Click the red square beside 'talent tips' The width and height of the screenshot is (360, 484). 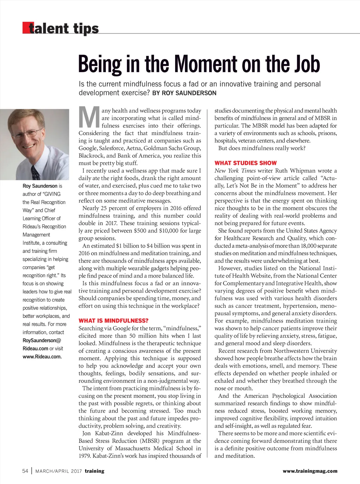pyautogui.click(x=26, y=28)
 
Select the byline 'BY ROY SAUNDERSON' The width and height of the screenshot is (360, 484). pyautogui.click(x=184, y=93)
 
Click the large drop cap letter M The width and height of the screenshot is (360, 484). pyautogui.click(x=89, y=118)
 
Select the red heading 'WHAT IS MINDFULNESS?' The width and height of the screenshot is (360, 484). pyautogui.click(x=114, y=321)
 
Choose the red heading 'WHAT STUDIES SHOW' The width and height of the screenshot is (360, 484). pyautogui.click(x=245, y=163)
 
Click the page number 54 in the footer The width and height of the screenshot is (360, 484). pyautogui.click(x=25, y=471)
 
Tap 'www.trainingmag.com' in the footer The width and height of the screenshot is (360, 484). pyautogui.click(x=310, y=471)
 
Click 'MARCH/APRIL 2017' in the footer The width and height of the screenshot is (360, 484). pyautogui.click(x=58, y=471)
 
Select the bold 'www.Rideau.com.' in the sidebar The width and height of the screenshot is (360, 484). pyautogui.click(x=42, y=357)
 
